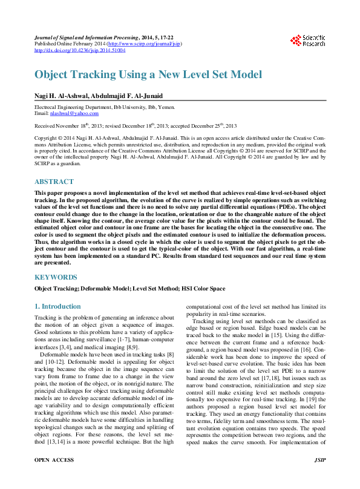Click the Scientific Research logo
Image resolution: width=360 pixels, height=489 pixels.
[307, 41]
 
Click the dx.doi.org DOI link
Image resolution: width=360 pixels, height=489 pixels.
[79, 51]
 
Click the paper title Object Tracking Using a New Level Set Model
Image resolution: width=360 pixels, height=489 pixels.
[148, 74]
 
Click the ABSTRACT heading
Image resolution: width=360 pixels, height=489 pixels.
[54, 182]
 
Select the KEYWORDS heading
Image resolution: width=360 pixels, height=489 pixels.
[56, 277]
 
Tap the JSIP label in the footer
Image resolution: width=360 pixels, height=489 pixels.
[321, 478]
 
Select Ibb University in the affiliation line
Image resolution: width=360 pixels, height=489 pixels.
[134, 107]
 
